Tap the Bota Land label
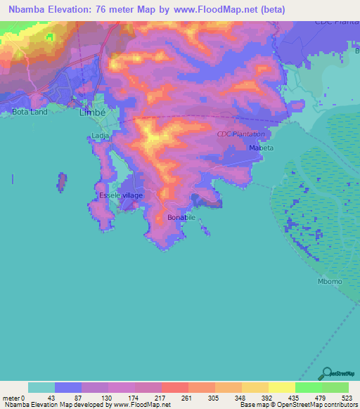(x=30, y=112)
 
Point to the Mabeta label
(x=260, y=148)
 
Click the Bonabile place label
(x=181, y=218)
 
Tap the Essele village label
(x=120, y=195)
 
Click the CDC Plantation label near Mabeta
(x=241, y=134)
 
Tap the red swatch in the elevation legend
(x=174, y=387)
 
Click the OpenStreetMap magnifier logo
(x=326, y=372)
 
